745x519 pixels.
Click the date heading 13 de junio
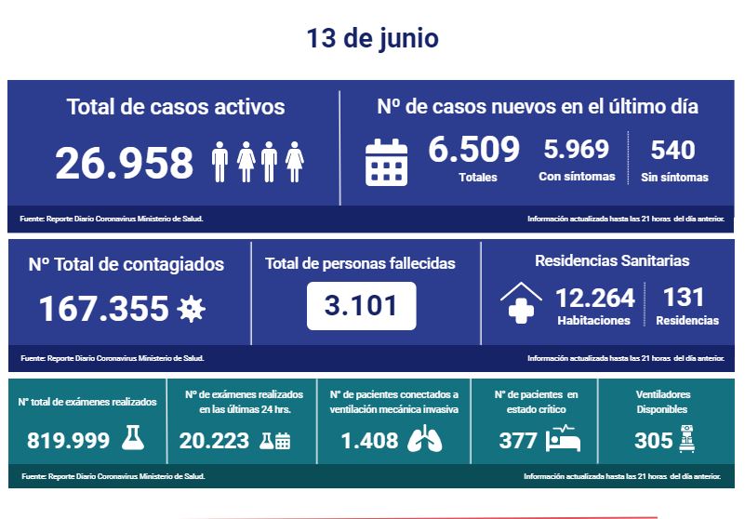(x=372, y=39)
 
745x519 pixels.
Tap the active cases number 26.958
(x=125, y=163)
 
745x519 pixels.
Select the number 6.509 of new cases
(x=473, y=149)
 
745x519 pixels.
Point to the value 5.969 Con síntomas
(x=576, y=149)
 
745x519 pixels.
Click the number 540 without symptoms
(x=672, y=149)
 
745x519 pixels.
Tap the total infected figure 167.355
(x=103, y=308)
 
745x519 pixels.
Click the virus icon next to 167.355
(x=191, y=308)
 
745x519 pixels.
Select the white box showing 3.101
(x=361, y=305)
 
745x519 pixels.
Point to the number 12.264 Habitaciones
(x=594, y=298)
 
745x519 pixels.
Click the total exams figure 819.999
(x=69, y=440)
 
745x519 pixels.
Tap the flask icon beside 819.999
(x=134, y=439)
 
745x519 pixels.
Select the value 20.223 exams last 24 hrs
(x=213, y=440)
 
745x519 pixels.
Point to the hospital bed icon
(x=564, y=438)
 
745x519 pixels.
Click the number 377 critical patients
(x=518, y=440)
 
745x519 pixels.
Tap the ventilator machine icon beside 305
(x=687, y=437)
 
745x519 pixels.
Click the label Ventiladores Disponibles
(x=663, y=402)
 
